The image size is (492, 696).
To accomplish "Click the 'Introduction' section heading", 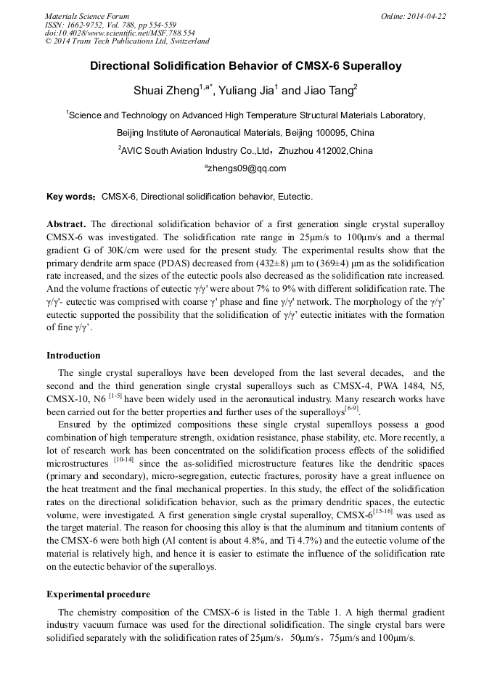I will click(x=73, y=356).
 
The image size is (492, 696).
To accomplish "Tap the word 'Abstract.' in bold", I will click(x=66, y=224).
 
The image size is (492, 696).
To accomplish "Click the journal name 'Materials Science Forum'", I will click(x=87, y=16).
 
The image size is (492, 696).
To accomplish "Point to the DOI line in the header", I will click(x=120, y=33).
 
